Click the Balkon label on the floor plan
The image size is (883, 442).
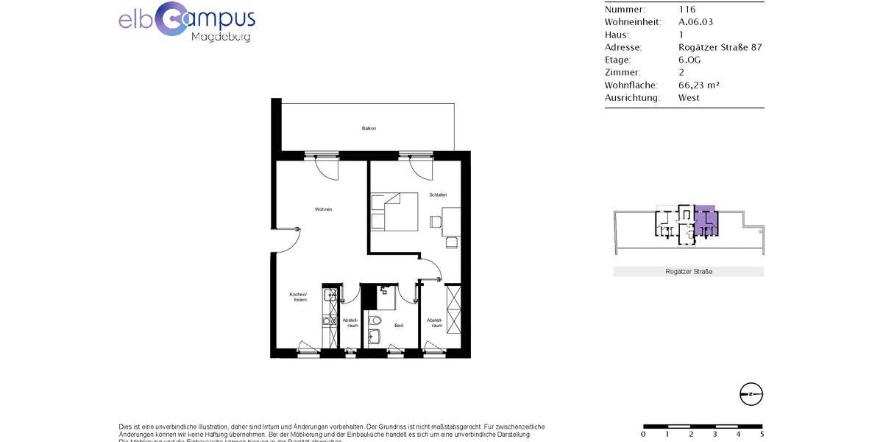click(x=369, y=128)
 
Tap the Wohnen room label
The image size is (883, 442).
click(x=323, y=209)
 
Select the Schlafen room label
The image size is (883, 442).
click(x=439, y=194)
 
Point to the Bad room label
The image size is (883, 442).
click(x=398, y=325)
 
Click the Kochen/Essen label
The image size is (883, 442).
click(x=297, y=297)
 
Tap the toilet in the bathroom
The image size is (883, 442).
click(x=375, y=320)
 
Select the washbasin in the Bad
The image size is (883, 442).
click(x=374, y=337)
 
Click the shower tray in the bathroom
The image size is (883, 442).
click(x=386, y=298)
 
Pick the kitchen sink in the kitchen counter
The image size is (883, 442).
click(x=329, y=296)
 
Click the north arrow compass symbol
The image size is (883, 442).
click(x=751, y=394)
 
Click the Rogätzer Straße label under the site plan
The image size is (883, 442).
click(x=688, y=272)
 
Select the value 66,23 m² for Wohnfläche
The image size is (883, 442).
click(x=698, y=85)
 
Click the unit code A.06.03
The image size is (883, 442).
click(x=695, y=22)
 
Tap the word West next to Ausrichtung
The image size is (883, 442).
click(x=689, y=97)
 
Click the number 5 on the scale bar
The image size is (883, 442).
click(x=761, y=434)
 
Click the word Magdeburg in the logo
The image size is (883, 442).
click(x=221, y=36)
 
